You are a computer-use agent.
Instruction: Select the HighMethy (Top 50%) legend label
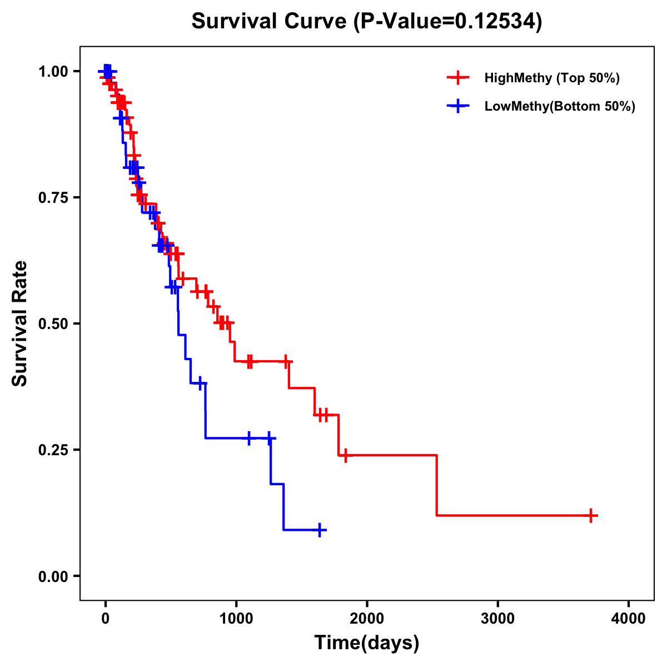pyautogui.click(x=551, y=78)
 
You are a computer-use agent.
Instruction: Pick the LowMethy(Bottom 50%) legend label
pyautogui.click(x=559, y=106)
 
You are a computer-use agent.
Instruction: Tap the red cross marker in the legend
pyautogui.click(x=458, y=78)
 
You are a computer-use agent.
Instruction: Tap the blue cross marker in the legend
pyautogui.click(x=458, y=106)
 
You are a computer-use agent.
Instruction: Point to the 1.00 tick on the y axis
pyautogui.click(x=53, y=72)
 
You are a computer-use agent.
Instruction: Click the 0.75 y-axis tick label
pyautogui.click(x=53, y=198)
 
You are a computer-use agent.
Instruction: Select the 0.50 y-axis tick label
pyautogui.click(x=53, y=324)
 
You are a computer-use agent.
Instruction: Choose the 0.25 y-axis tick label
pyautogui.click(x=53, y=450)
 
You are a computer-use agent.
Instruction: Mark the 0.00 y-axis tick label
pyautogui.click(x=53, y=576)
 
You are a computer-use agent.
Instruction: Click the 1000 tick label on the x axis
pyautogui.click(x=236, y=619)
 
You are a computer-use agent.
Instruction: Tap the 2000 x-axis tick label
pyautogui.click(x=367, y=619)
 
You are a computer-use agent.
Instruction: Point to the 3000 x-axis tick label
pyautogui.click(x=497, y=619)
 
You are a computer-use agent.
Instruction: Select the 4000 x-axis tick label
pyautogui.click(x=629, y=619)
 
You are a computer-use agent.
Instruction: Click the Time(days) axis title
pyautogui.click(x=367, y=643)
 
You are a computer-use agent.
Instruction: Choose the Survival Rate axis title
pyautogui.click(x=20, y=323)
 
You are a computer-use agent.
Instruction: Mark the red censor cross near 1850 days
pyautogui.click(x=345, y=455)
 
